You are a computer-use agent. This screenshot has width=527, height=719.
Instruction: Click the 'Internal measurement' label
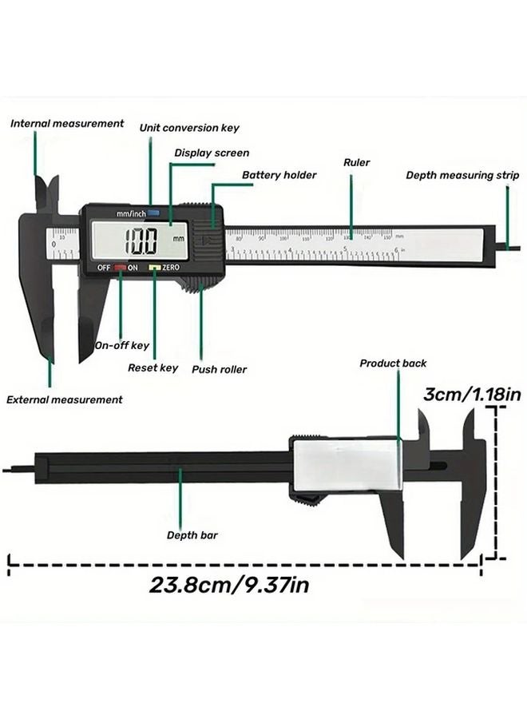click(67, 124)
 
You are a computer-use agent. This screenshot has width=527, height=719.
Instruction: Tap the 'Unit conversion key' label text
click(189, 128)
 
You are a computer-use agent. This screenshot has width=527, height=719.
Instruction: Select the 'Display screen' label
click(212, 153)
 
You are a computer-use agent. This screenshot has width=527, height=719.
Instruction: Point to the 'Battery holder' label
click(279, 175)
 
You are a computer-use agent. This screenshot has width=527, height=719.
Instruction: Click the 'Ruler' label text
click(356, 162)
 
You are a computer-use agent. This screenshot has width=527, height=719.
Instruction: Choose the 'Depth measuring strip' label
click(462, 176)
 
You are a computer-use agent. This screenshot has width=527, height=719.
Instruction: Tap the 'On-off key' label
click(121, 346)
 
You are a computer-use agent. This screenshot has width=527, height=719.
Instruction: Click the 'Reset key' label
click(153, 368)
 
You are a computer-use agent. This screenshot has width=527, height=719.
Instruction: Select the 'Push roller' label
click(219, 370)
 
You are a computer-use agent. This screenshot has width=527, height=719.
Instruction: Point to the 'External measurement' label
click(65, 399)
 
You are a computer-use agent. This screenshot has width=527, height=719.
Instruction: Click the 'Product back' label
click(393, 363)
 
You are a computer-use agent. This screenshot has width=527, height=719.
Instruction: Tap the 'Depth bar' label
click(192, 535)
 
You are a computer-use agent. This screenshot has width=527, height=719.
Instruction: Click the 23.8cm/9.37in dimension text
click(229, 585)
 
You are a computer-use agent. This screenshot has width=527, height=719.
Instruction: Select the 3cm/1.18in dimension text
click(472, 394)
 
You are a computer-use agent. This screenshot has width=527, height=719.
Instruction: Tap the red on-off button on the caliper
click(120, 268)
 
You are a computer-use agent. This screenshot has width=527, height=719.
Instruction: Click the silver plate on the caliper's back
click(346, 467)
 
